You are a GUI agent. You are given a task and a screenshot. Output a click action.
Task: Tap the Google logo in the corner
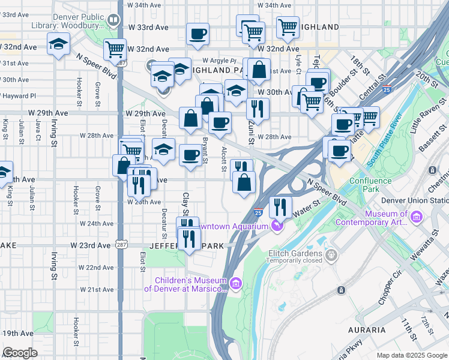20,353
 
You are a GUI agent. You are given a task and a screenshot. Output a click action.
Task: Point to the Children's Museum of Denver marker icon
235,283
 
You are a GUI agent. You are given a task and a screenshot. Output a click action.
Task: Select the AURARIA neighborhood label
366,330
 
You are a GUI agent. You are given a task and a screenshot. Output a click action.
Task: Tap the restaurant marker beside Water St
280,208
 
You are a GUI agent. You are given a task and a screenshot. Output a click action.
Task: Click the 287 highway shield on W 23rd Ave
121,245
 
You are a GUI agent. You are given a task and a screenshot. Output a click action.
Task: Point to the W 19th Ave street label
18,333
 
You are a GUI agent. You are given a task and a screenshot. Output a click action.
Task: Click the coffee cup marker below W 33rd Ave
197,35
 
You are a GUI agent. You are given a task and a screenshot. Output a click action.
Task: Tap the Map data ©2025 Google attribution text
412,355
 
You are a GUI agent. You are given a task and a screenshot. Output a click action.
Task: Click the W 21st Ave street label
100,289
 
